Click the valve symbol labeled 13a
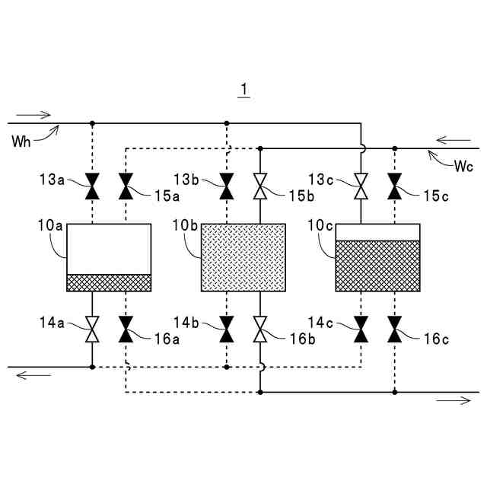(92, 183)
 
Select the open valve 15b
(260, 183)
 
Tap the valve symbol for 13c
(361, 183)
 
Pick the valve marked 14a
(92, 329)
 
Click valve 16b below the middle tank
(260, 329)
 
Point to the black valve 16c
(394, 329)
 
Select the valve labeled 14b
(226, 329)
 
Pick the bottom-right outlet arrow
(454, 400)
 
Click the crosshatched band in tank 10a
(110, 282)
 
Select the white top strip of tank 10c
(377, 232)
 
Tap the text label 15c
(436, 196)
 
